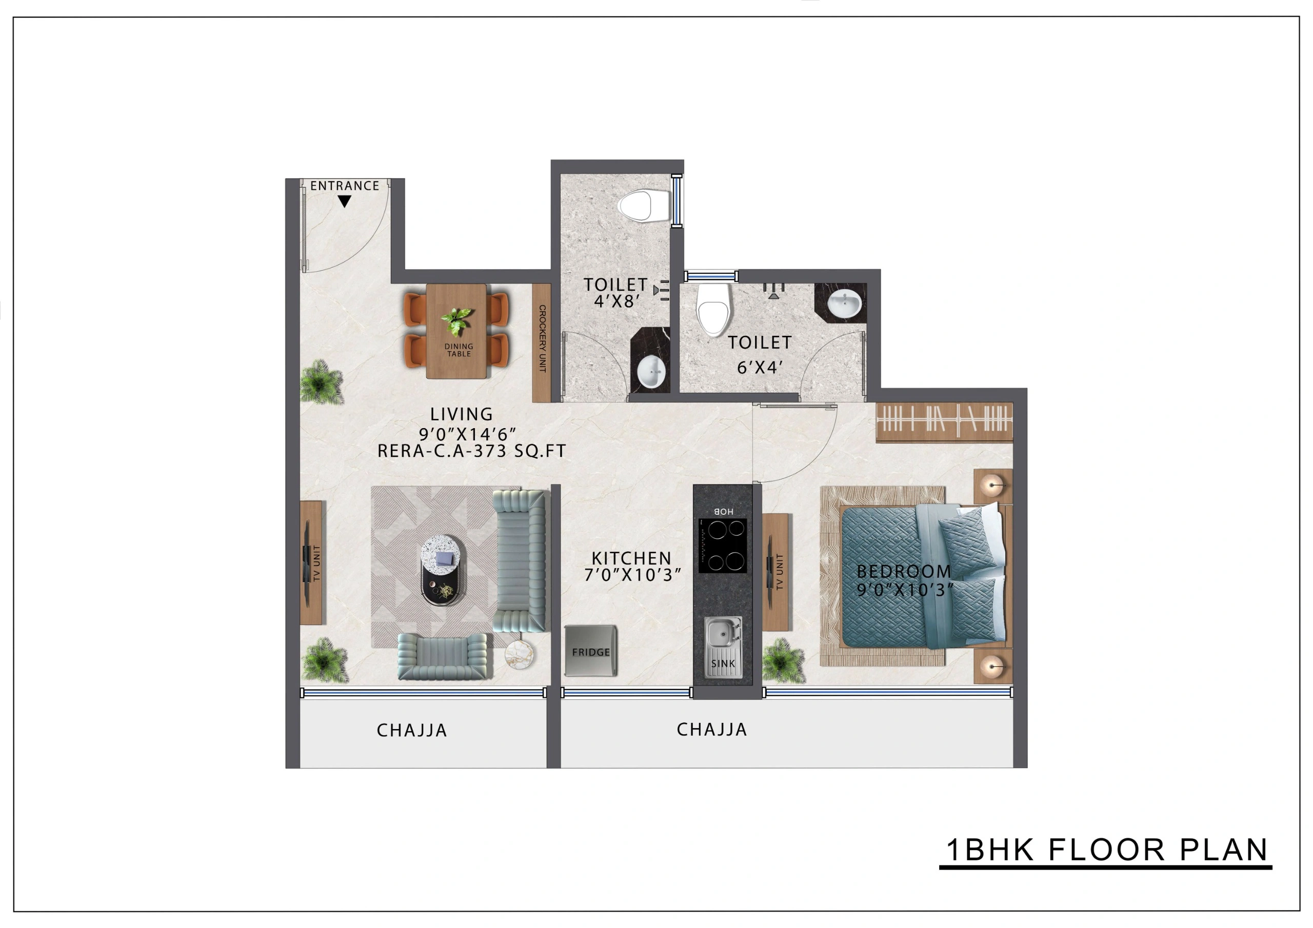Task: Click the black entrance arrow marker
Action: (344, 201)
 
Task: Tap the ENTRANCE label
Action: (344, 186)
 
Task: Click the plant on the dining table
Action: (457, 321)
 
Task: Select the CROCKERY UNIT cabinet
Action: (542, 342)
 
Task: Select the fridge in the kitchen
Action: (591, 651)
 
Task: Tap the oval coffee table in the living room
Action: (441, 570)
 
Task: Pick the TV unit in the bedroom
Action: (776, 572)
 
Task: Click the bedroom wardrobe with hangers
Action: (944, 422)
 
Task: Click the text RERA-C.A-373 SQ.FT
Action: (471, 451)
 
